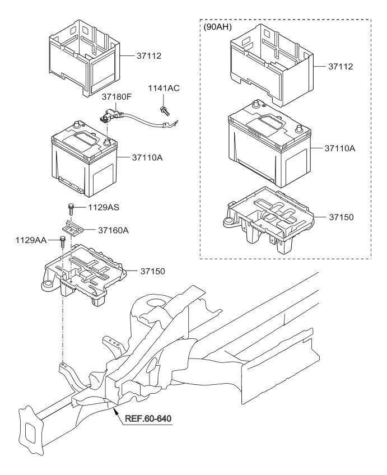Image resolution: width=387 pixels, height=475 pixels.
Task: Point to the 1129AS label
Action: pos(104,207)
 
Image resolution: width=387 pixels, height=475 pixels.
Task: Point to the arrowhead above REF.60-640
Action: pos(115,411)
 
